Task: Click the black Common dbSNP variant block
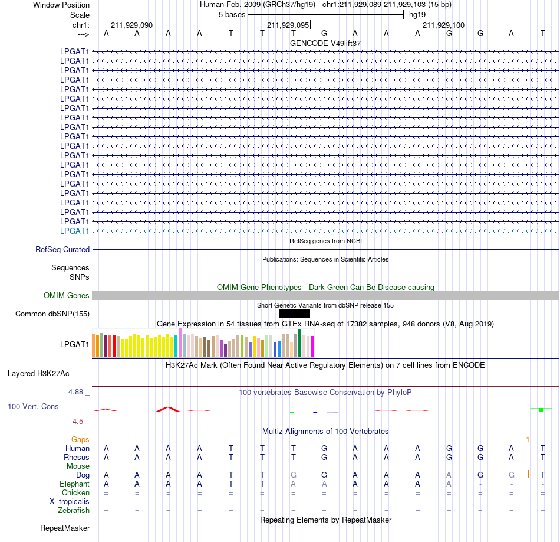coord(294,314)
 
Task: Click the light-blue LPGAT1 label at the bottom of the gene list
coord(74,231)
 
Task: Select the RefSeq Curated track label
coord(62,249)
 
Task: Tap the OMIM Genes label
coord(67,296)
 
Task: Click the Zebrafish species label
coord(74,511)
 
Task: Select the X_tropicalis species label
coord(70,502)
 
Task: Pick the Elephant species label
coord(75,484)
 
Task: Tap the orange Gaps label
coord(80,439)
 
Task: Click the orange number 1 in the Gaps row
coord(528,440)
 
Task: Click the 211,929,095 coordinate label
coord(288,25)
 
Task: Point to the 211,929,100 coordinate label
coord(443,25)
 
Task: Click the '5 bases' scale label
coord(232,15)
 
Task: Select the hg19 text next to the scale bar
coord(417,15)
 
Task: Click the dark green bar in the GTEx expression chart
coord(299,344)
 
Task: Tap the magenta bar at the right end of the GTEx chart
coord(312,347)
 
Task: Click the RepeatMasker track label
coord(65,528)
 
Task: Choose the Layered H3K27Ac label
coord(38,374)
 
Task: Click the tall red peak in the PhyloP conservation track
coord(168,409)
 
